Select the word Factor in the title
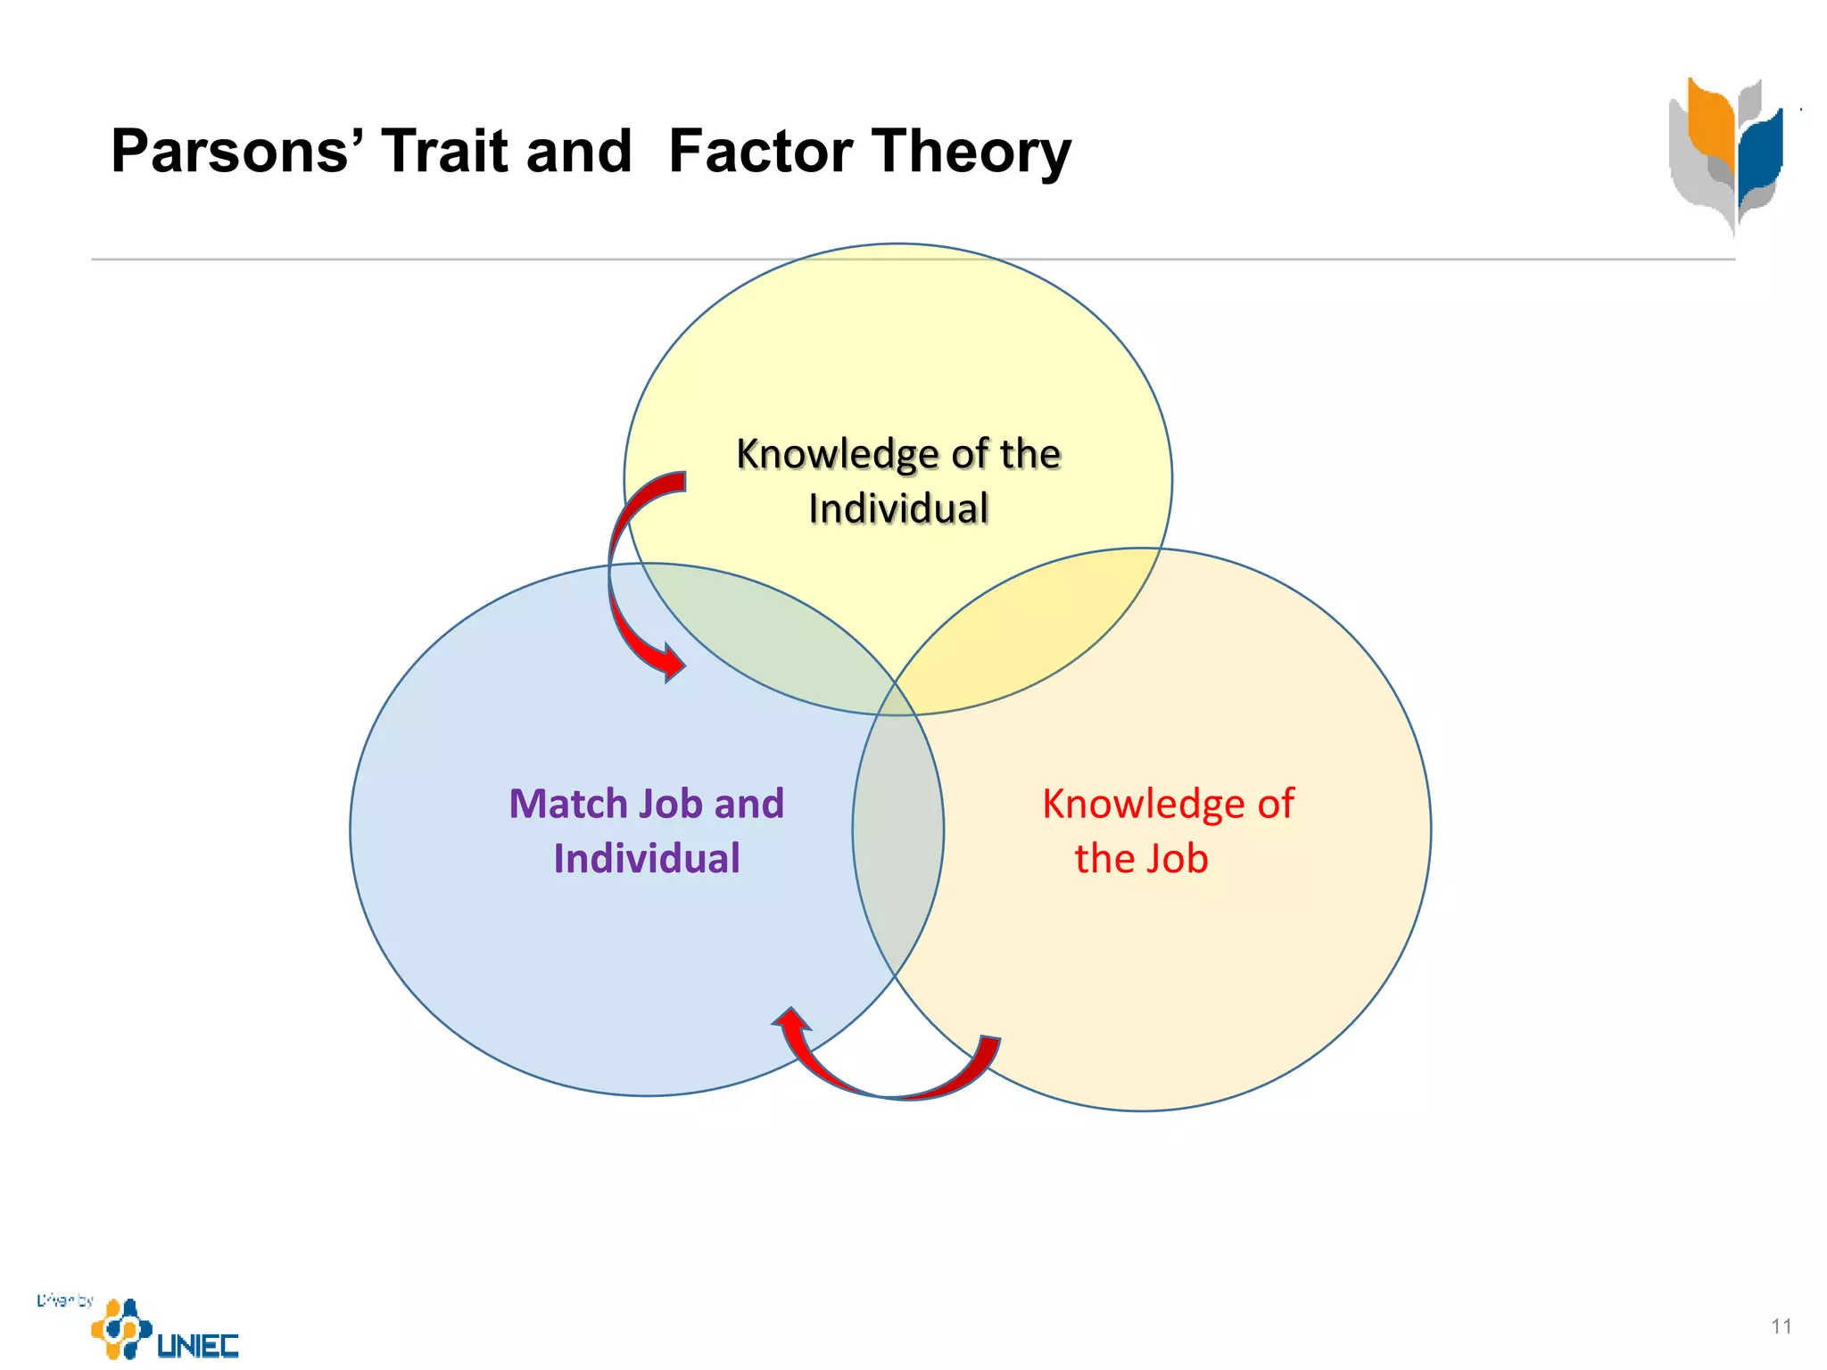pyautogui.click(x=761, y=152)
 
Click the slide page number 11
pyautogui.click(x=1781, y=1326)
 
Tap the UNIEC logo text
pyautogui.click(x=198, y=1345)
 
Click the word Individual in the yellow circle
pyautogui.click(x=898, y=509)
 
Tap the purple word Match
pyautogui.click(x=568, y=804)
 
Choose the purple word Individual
pyautogui.click(x=647, y=859)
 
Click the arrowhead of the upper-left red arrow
pyautogui.click(x=671, y=662)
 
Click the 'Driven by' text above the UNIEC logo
pyautogui.click(x=64, y=1300)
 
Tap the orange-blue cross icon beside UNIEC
pyautogui.click(x=121, y=1328)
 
